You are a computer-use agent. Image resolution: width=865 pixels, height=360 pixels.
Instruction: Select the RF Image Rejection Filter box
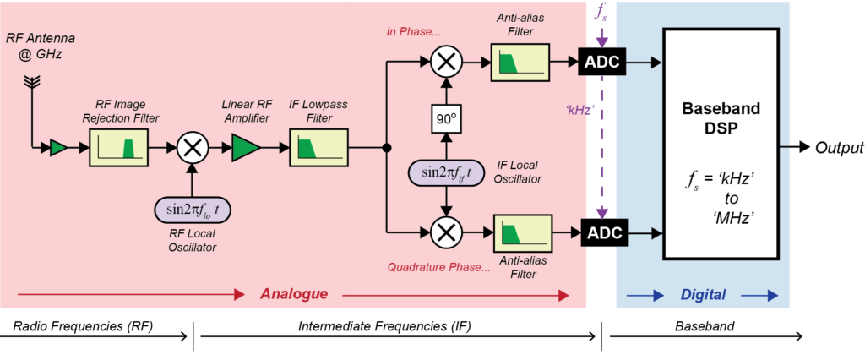118,148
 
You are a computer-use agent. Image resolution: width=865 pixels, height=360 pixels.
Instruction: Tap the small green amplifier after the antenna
58,148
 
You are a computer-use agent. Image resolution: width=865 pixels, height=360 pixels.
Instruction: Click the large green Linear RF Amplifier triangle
246,148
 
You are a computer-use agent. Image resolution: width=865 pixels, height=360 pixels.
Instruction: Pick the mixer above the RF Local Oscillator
192,148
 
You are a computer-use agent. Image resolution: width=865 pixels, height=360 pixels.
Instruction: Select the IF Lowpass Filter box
318,148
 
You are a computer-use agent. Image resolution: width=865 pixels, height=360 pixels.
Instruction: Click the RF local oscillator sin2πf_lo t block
192,210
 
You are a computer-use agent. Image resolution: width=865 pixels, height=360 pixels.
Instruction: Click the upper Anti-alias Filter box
520,63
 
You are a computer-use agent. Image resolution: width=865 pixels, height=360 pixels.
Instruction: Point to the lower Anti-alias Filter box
523,233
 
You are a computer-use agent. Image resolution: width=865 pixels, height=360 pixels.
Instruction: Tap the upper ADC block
602,63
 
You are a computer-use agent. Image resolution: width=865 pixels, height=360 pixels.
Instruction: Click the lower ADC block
602,233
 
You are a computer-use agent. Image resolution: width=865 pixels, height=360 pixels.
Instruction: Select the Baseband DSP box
721,145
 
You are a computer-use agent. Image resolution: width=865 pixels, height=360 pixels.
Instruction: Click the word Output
838,147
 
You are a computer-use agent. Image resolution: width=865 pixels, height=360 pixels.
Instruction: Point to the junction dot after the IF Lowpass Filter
387,148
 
